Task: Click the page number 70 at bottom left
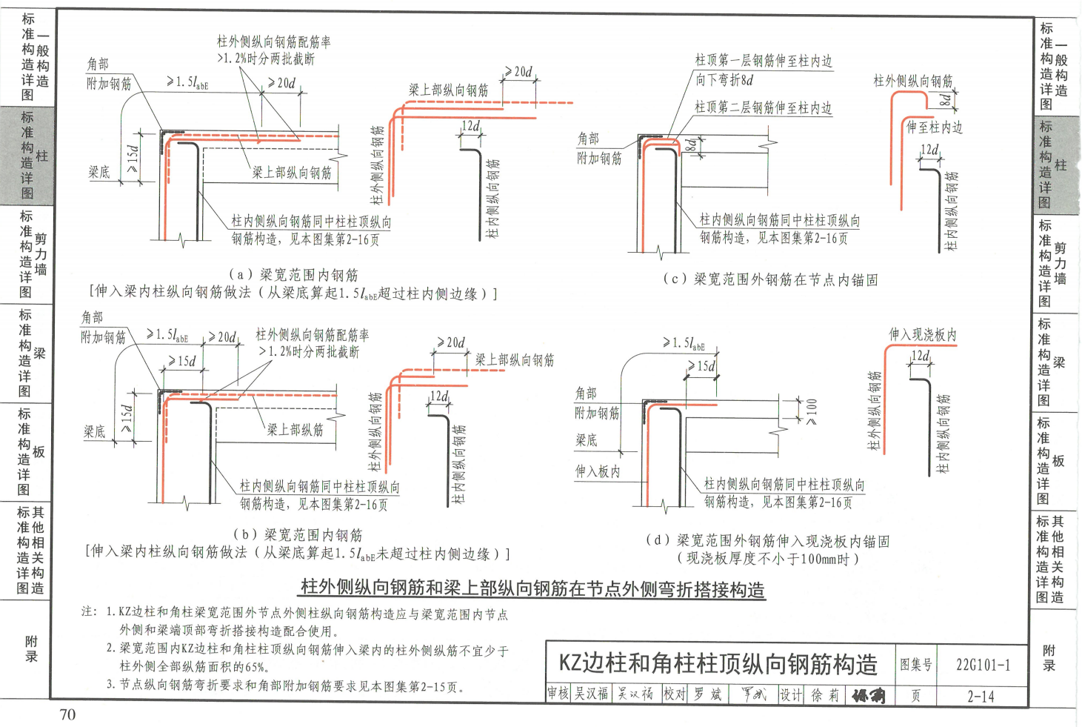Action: tap(67, 714)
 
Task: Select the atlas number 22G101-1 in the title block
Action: tap(983, 664)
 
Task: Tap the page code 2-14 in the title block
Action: tap(981, 696)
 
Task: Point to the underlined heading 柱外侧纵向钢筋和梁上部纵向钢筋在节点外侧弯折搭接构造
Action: tap(532, 588)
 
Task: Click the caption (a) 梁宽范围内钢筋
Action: tap(293, 275)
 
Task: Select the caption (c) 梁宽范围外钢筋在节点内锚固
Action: tap(770, 279)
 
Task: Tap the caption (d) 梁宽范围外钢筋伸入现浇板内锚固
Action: tap(767, 541)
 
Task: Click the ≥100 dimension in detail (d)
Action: tap(812, 411)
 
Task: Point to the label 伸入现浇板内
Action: tap(922, 335)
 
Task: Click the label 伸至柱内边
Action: tap(935, 127)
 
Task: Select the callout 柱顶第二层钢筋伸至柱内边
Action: tap(763, 107)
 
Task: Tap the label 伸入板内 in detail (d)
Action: tap(598, 471)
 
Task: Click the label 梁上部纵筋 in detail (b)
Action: tap(295, 430)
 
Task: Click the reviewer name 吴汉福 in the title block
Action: tap(592, 694)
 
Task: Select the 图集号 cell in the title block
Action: tap(916, 665)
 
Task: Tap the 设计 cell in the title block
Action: tap(790, 695)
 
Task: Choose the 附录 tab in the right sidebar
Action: tap(1049, 657)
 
